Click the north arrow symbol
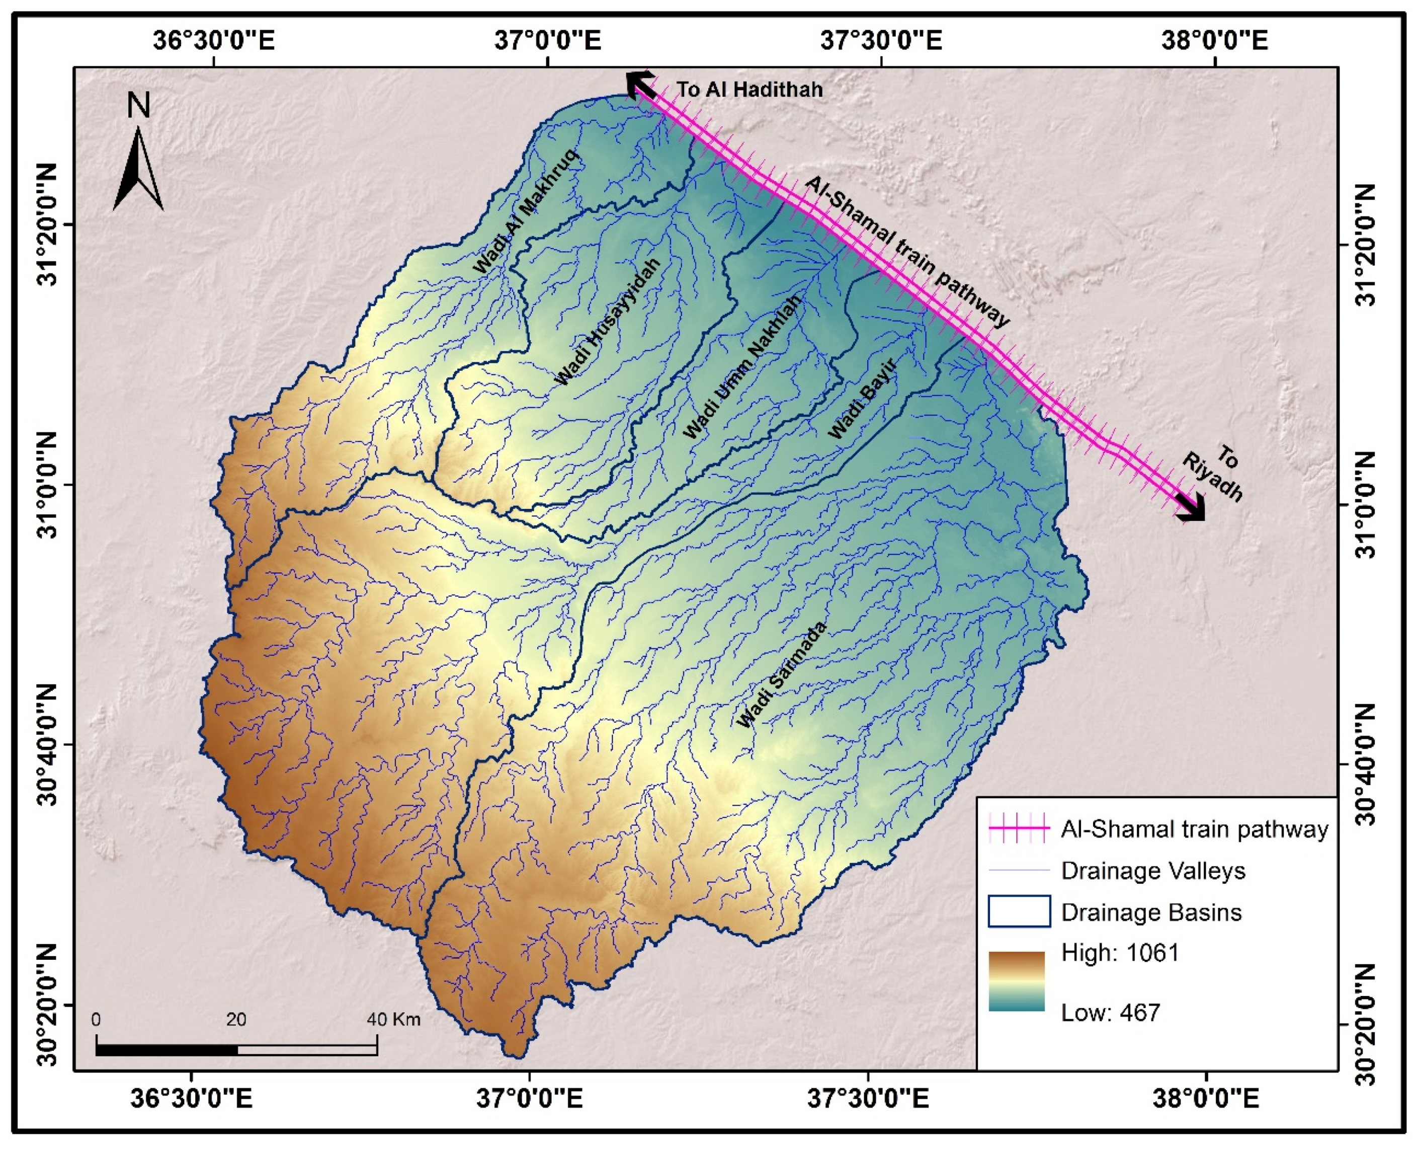[x=138, y=169]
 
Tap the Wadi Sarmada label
[x=782, y=675]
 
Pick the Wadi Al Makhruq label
[x=526, y=212]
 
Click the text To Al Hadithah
[x=749, y=90]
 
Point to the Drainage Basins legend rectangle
[x=1019, y=911]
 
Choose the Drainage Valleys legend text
[x=1152, y=870]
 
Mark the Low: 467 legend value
[x=1111, y=1012]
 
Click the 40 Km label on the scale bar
[x=394, y=1019]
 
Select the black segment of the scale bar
[x=166, y=1050]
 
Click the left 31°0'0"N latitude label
[x=48, y=485]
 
